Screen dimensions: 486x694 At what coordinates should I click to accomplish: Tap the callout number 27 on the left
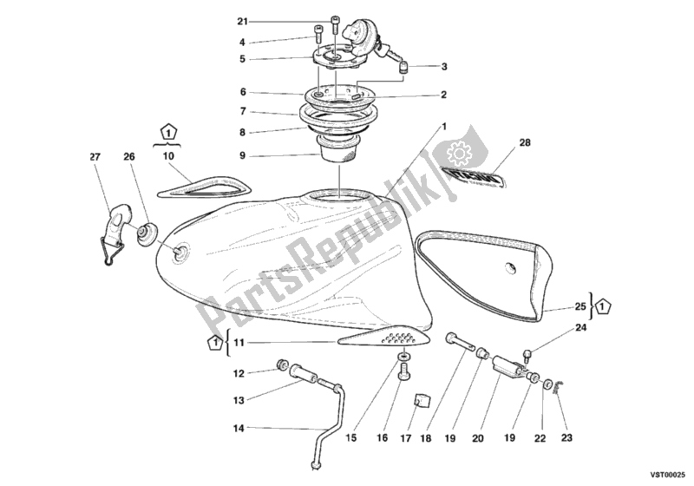(95, 157)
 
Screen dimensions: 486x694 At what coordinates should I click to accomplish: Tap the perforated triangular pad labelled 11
(380, 338)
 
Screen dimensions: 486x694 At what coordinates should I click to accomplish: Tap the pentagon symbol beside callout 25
(606, 305)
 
